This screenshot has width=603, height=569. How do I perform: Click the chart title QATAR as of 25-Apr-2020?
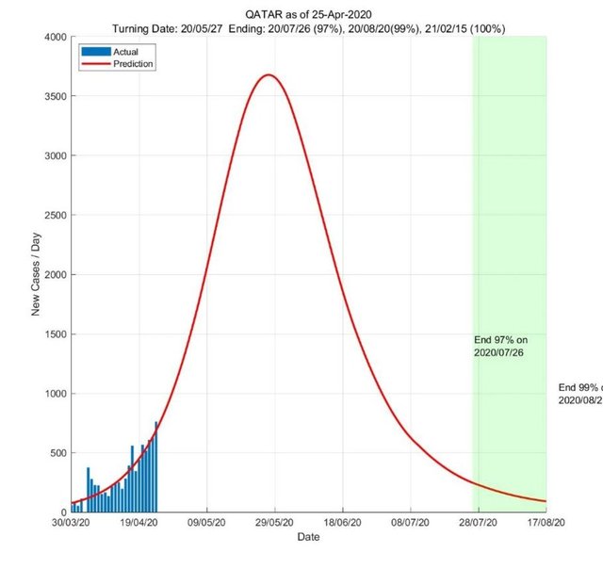point(308,14)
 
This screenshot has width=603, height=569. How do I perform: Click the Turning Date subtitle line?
point(308,28)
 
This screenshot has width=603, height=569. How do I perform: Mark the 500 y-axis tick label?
point(56,453)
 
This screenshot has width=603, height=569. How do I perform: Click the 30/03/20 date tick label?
point(71,522)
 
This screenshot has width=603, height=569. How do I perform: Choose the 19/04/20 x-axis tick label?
point(139,522)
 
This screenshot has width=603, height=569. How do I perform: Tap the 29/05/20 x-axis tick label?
point(274,522)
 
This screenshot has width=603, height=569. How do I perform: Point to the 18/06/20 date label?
point(342,522)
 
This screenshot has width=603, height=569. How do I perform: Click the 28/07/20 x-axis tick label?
point(478,522)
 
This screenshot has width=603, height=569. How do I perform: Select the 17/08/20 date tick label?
point(546,522)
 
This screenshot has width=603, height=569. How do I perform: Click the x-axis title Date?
point(308,536)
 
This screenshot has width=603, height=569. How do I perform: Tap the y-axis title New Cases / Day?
point(37,274)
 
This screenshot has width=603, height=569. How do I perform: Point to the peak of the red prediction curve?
point(269,74)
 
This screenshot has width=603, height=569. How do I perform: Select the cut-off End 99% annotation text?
point(579,394)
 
